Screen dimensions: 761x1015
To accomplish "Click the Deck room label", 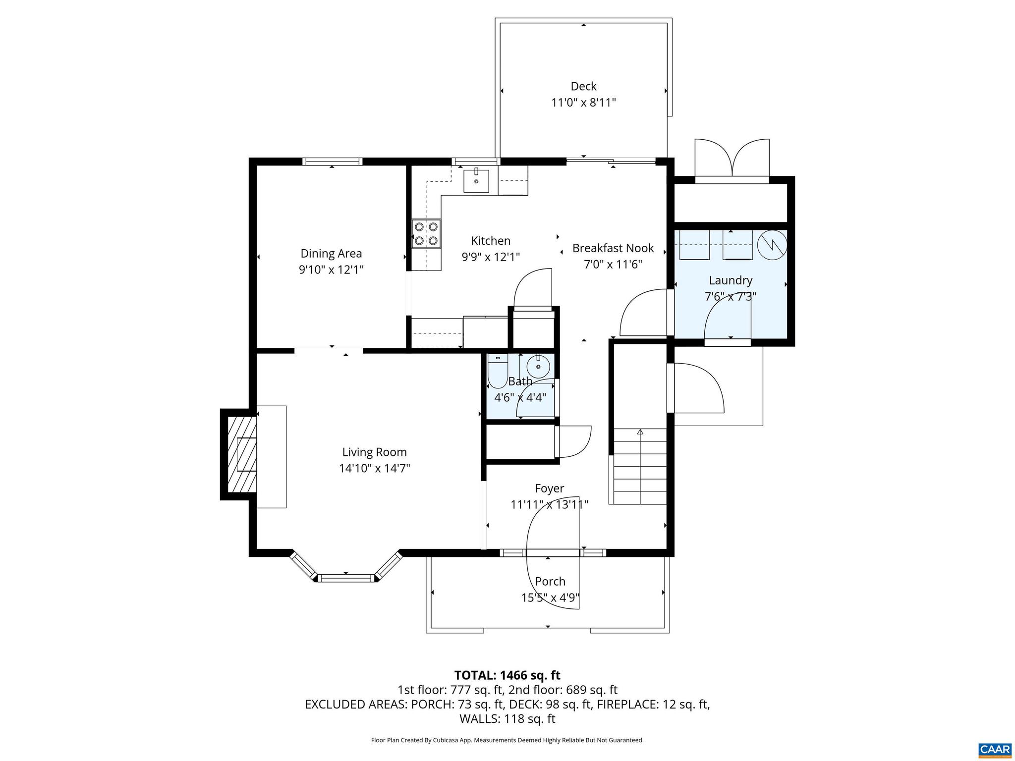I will pyautogui.click(x=583, y=87).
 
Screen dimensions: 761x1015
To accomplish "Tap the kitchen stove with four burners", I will pyautogui.click(x=426, y=234).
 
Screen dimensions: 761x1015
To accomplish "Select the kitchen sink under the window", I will pyautogui.click(x=476, y=181).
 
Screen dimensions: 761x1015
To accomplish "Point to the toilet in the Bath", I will pyautogui.click(x=497, y=372).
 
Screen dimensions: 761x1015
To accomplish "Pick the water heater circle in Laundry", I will pyautogui.click(x=772, y=244).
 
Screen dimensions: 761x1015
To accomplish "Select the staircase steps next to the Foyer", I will pyautogui.click(x=640, y=467).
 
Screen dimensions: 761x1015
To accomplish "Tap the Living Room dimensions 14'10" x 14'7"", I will pyautogui.click(x=374, y=468).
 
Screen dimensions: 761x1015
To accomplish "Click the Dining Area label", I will pyautogui.click(x=331, y=254).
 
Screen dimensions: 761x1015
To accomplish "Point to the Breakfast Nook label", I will pyautogui.click(x=613, y=248).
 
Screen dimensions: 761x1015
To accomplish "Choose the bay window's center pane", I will pyautogui.click(x=346, y=578).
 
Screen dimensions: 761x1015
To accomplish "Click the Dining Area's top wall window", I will pyautogui.click(x=332, y=162).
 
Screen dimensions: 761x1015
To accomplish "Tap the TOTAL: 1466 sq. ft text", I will pyautogui.click(x=507, y=675).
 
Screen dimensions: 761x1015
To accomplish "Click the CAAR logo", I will pyautogui.click(x=995, y=749).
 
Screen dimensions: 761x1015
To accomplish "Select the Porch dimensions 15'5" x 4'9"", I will pyautogui.click(x=550, y=598).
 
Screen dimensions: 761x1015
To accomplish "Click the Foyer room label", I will pyautogui.click(x=549, y=489).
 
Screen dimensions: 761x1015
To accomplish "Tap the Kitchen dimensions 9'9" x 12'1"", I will pyautogui.click(x=491, y=257).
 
